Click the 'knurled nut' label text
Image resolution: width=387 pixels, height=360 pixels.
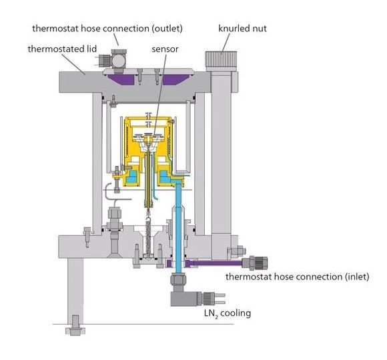point(242,29)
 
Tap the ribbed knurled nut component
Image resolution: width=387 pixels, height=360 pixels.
point(221,59)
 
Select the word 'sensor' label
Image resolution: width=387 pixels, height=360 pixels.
point(165,49)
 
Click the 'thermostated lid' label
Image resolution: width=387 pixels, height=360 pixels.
point(62,49)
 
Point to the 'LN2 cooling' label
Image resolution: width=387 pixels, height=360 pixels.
point(228,313)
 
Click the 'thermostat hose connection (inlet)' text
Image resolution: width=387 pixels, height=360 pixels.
point(298,277)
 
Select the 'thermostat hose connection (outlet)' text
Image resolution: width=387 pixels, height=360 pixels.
point(107,29)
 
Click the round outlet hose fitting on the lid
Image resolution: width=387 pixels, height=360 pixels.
point(119,61)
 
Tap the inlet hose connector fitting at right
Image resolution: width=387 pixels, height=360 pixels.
point(255,263)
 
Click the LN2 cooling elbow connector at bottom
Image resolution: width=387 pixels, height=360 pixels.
point(185,298)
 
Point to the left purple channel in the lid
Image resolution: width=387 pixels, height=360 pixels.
point(121,79)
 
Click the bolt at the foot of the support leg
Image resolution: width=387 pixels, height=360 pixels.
point(75,325)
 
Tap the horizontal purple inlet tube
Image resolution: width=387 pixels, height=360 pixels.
point(214,263)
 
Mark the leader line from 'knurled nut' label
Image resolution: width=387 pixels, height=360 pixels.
point(226,43)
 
